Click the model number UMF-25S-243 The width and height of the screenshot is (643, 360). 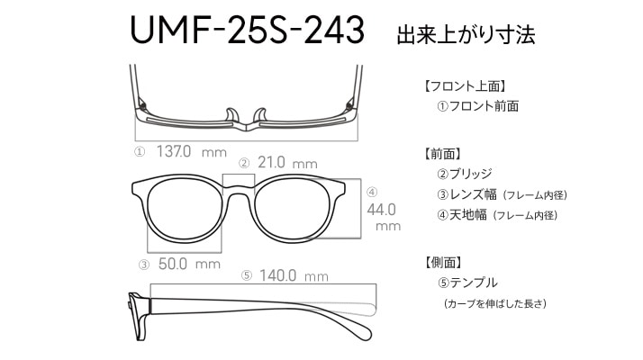(248, 30)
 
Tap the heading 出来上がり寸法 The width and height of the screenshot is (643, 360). (466, 34)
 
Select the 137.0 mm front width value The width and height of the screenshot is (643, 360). (192, 152)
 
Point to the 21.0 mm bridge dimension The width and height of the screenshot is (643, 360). (287, 162)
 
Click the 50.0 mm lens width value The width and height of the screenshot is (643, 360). (189, 264)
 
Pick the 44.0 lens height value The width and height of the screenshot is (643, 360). (381, 210)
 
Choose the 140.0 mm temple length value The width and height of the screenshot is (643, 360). (294, 275)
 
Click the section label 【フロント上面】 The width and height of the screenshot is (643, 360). (465, 86)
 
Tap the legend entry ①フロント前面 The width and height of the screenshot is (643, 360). (478, 106)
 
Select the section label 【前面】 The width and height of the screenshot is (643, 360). (443, 154)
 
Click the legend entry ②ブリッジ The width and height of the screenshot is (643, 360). (465, 174)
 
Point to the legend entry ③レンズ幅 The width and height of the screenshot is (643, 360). (467, 194)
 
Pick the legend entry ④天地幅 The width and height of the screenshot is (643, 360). (462, 215)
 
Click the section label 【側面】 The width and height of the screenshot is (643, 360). (443, 262)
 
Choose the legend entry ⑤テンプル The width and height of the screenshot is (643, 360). (467, 283)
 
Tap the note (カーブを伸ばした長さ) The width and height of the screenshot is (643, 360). (495, 304)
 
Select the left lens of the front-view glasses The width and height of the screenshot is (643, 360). (183, 212)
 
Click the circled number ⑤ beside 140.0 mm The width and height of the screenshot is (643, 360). (247, 275)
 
